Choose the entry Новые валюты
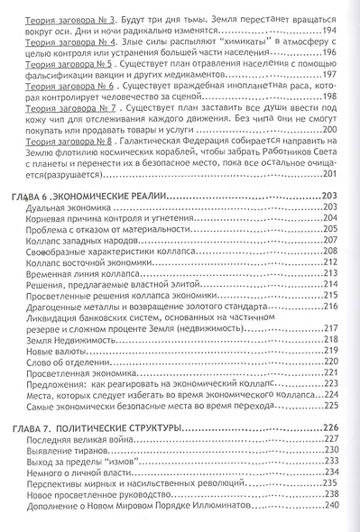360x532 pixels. (60, 351)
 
